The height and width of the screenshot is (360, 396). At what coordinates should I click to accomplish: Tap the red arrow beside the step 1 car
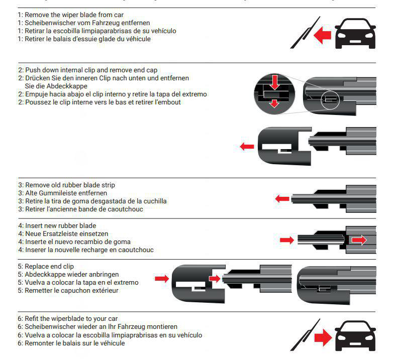click(x=322, y=35)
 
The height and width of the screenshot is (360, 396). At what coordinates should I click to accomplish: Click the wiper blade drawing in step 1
click(x=304, y=33)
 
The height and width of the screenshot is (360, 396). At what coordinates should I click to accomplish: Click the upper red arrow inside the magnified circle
click(x=273, y=81)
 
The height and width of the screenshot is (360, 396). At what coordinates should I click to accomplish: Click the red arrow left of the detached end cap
click(x=247, y=147)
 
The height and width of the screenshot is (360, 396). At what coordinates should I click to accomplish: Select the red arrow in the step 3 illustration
click(x=283, y=199)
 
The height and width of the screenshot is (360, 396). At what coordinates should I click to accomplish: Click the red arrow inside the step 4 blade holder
click(x=359, y=241)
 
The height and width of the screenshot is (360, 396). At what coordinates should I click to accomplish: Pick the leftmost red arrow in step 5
click(x=162, y=278)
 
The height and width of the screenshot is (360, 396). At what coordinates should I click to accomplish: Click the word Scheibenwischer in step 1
click(x=47, y=23)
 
